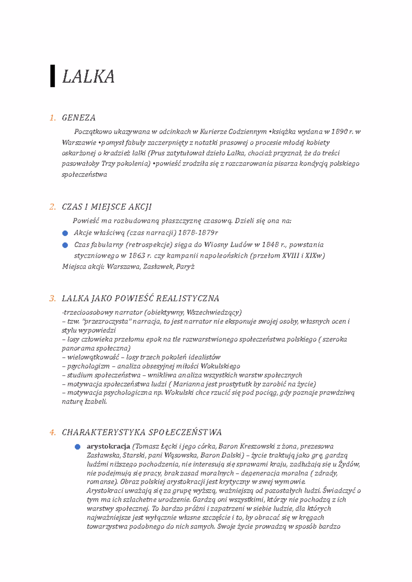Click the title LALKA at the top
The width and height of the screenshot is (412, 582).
point(88,77)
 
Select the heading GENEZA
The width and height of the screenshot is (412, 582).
point(79,118)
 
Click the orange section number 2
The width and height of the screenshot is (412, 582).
point(52,207)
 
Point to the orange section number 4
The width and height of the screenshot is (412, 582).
point(52,432)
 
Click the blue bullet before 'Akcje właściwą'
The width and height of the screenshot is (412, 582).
point(65,233)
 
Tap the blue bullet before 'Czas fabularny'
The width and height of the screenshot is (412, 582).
point(65,245)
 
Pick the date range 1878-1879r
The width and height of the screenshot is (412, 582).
point(197,233)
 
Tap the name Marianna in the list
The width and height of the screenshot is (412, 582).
point(192,384)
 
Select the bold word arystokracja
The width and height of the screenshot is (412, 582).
point(108,446)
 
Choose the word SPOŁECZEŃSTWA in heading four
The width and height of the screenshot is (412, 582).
point(185,432)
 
